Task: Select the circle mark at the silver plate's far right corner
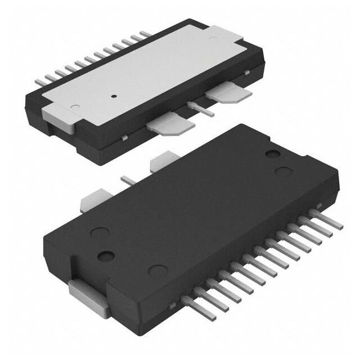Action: click(211, 38)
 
